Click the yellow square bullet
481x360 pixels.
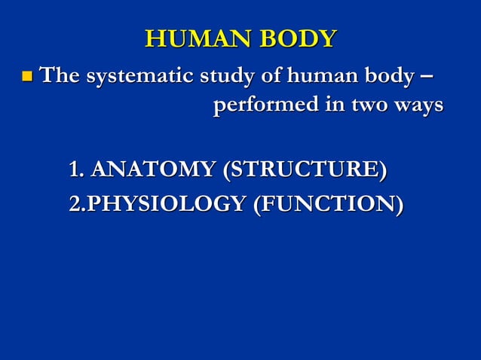click(x=28, y=77)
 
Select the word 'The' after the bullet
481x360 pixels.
click(x=60, y=76)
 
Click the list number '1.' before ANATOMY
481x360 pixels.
click(x=77, y=169)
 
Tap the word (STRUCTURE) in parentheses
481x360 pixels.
click(x=305, y=169)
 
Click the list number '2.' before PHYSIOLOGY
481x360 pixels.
click(x=75, y=203)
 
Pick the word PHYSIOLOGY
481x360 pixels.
click(x=163, y=203)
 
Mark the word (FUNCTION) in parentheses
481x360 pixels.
click(x=327, y=203)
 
